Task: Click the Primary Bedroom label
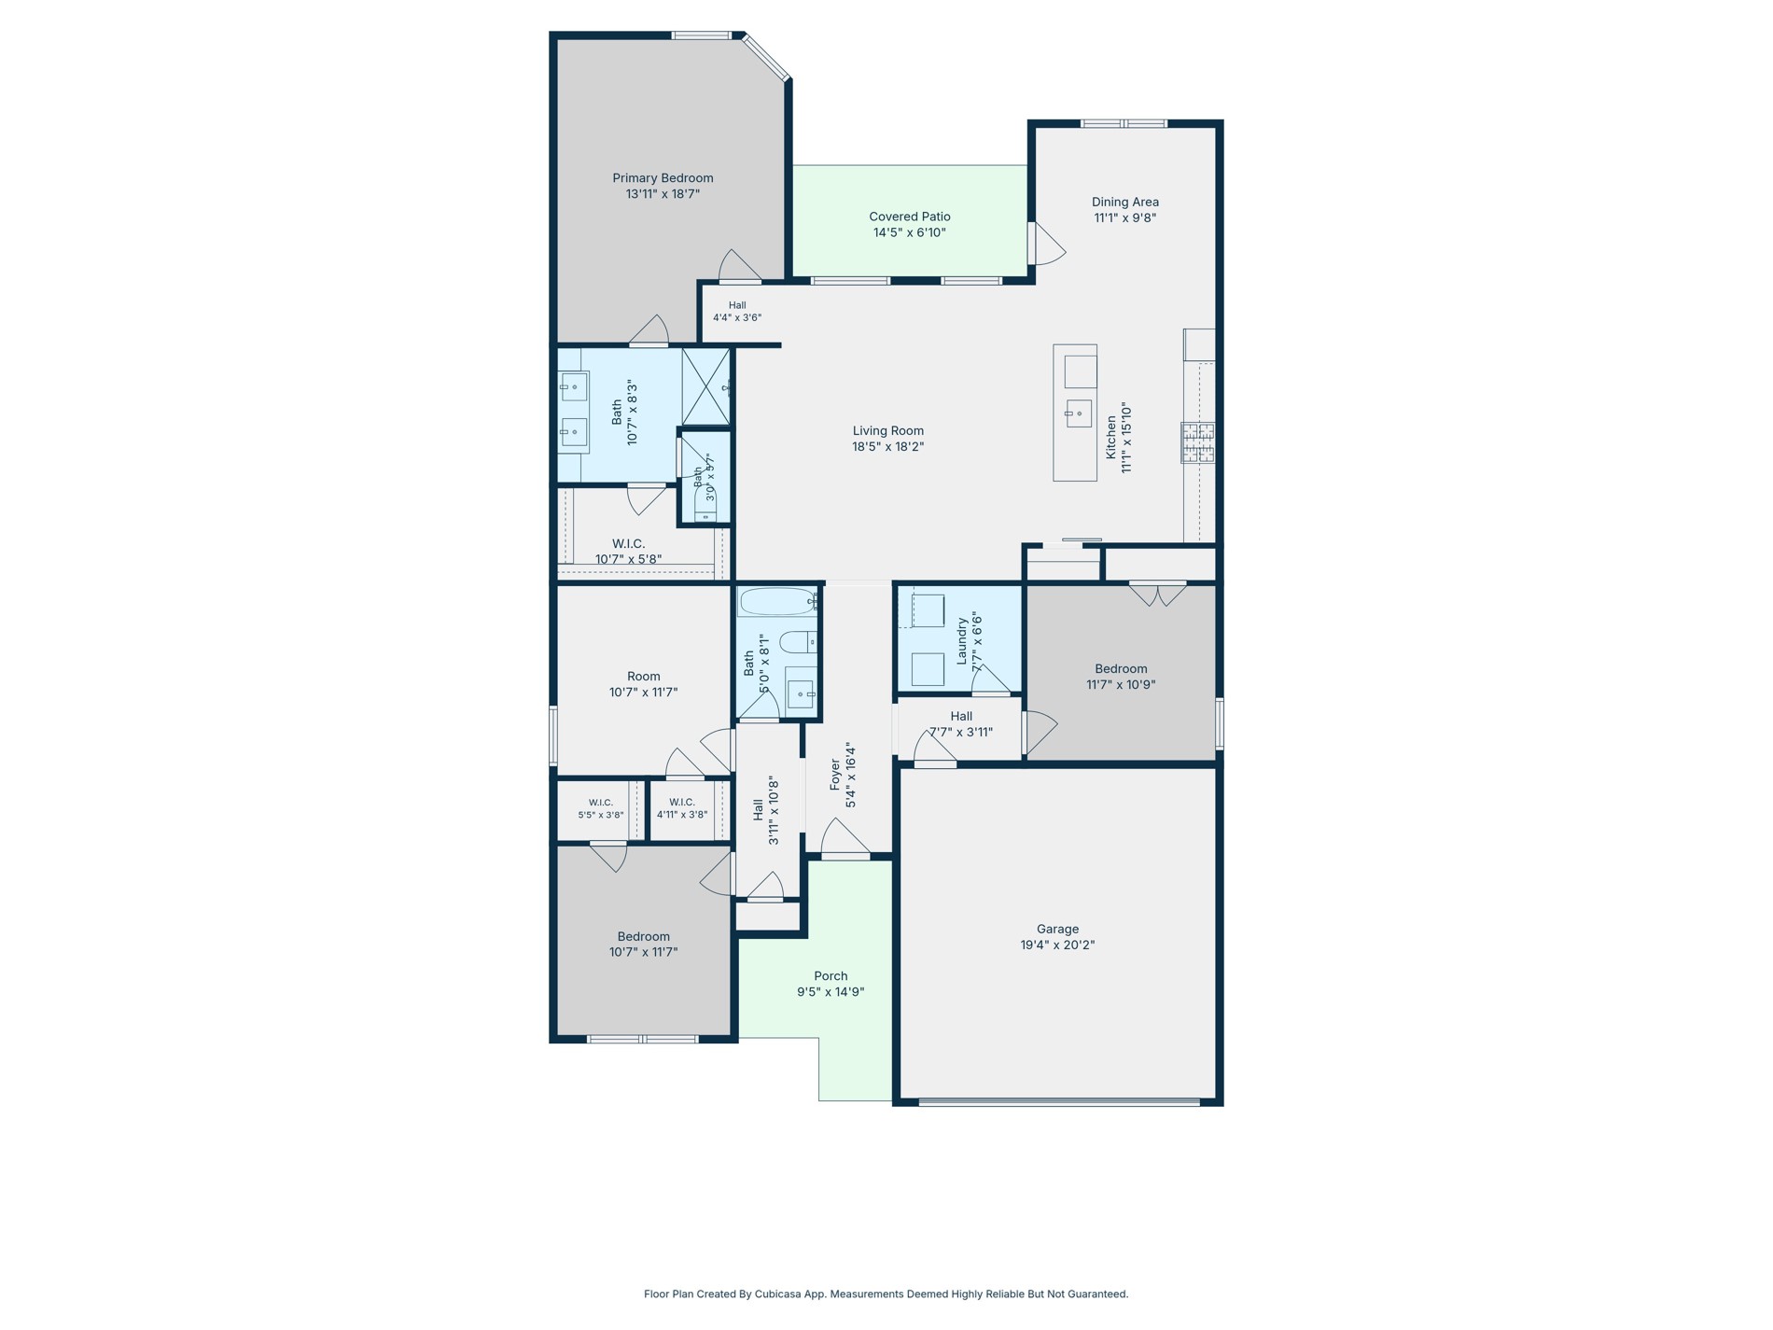(x=663, y=178)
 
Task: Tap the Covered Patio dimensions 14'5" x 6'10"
(x=910, y=232)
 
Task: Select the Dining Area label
(x=1125, y=202)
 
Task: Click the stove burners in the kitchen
(x=1198, y=442)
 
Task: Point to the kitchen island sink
(x=1079, y=413)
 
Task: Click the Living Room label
(x=888, y=431)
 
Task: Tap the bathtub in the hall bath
(x=778, y=602)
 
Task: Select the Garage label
(x=1057, y=929)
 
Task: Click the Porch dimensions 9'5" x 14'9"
(x=831, y=992)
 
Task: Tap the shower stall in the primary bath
(x=705, y=386)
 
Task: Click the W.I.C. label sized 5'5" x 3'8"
(x=601, y=803)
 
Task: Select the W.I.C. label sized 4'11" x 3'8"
(x=682, y=803)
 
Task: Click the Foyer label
(x=835, y=776)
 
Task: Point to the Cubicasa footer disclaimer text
(x=886, y=1294)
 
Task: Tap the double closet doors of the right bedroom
(x=1158, y=594)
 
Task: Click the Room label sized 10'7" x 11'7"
(x=644, y=677)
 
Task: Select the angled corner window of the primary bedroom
(x=767, y=58)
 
